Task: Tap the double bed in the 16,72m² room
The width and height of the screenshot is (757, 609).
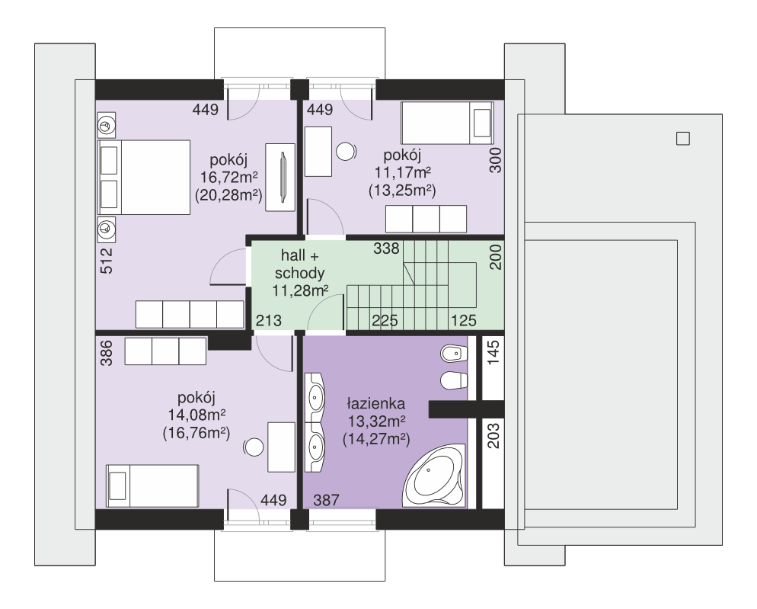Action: [144, 178]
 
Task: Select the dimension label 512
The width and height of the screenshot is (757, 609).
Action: [106, 261]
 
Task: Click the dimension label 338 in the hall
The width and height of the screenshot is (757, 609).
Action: [386, 248]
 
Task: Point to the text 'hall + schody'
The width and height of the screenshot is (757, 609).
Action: [300, 264]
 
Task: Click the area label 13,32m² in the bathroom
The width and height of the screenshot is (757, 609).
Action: [376, 421]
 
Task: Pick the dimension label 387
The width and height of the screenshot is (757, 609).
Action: [327, 500]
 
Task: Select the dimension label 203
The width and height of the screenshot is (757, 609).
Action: [493, 435]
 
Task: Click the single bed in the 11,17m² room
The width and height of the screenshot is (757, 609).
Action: [447, 123]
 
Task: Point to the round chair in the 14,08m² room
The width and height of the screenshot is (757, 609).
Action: [253, 447]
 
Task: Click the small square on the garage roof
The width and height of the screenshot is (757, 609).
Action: [682, 139]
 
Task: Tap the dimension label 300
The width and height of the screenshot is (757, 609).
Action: [495, 161]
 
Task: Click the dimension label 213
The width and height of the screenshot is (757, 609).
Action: [268, 320]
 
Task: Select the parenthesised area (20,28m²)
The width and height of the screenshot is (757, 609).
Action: [228, 195]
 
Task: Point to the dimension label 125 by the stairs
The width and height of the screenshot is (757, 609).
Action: [464, 320]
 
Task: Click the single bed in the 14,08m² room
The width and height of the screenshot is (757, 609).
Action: [152, 486]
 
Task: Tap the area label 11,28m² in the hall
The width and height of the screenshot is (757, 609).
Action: [300, 291]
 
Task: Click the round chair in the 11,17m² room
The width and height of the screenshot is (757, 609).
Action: [346, 152]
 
